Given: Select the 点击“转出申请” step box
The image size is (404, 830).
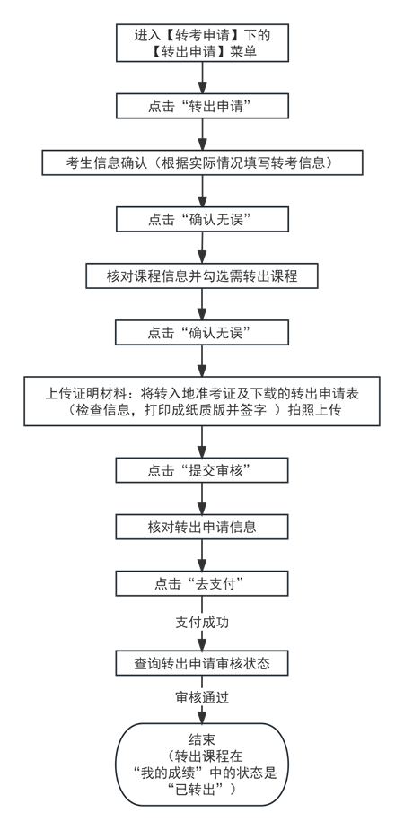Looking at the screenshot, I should pos(202,106).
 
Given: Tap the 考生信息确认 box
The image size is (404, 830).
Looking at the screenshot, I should pos(202,162).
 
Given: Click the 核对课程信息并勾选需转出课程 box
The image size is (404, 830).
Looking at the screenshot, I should pos(202,275).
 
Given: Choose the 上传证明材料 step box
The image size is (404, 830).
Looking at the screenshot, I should pos(202,400).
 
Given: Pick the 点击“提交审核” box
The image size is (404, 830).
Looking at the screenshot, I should pos(202,469).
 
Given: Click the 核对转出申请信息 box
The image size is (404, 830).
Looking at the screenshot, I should pos(202,526).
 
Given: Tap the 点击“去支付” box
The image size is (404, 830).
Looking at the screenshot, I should pos(202,582).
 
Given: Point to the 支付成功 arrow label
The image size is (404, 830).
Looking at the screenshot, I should pos(202,621).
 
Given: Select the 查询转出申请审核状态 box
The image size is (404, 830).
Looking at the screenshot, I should pos(202,662).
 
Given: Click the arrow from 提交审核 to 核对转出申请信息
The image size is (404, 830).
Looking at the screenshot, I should pos(202,498).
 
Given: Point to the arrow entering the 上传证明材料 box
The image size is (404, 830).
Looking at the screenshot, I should pos(202,361).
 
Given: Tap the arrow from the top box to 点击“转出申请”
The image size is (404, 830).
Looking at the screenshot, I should pos(202,76).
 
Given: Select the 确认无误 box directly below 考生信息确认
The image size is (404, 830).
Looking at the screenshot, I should pos(202,219).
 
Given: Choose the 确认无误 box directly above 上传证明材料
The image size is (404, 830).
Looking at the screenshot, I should pos(202,332).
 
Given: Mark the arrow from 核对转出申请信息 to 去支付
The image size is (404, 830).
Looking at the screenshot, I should pos(202,555).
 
